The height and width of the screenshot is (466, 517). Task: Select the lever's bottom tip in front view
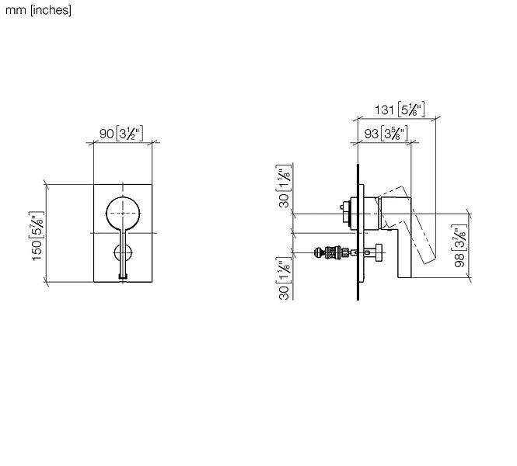[122, 276]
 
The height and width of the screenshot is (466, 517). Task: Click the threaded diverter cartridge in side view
[334, 252]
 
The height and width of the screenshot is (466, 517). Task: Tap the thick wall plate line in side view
[358, 233]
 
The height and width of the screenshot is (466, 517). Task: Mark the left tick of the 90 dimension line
[93, 143]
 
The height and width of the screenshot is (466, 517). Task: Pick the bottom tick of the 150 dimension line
[47, 281]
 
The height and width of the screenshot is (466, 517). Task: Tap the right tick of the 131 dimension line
[434, 118]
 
